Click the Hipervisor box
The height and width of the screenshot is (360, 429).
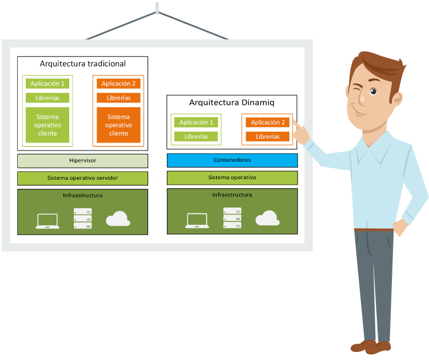pos(82,160)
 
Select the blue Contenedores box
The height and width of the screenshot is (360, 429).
pos(232,160)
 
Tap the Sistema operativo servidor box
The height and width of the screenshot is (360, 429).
pos(82,178)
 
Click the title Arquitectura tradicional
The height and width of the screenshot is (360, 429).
pos(82,64)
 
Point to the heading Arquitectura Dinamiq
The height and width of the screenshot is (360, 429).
pos(232,103)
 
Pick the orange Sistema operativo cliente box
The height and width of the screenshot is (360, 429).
pos(118,125)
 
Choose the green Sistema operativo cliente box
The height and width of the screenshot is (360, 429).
pos(47,125)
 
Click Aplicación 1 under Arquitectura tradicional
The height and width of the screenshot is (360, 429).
pos(47,84)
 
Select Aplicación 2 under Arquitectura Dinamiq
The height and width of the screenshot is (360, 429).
pos(268,122)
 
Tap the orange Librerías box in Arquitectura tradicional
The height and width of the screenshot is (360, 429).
pos(118,98)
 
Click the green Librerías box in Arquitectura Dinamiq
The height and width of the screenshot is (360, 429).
pos(196,137)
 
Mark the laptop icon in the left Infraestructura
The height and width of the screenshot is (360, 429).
pos(47,221)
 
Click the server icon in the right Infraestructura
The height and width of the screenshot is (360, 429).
pos(232,218)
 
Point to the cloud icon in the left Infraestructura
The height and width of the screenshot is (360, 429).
pos(118,219)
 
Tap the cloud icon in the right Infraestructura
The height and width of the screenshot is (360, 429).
pos(267,218)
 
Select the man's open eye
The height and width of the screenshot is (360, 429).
pos(373,92)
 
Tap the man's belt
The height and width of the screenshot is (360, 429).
pos(374,230)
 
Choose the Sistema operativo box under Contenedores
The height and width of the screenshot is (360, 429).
pos(232,177)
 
